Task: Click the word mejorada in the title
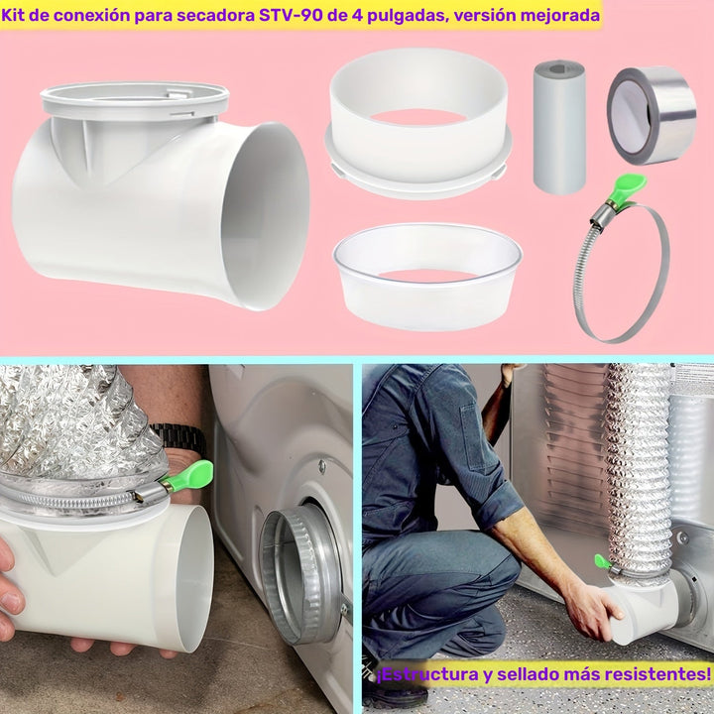559,16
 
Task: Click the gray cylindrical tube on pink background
558,126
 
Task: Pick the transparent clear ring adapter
427,276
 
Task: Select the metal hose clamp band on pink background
622,273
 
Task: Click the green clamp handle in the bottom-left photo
187,475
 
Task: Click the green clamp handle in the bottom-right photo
602,562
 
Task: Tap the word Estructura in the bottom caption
423,675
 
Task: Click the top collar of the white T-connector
135,100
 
